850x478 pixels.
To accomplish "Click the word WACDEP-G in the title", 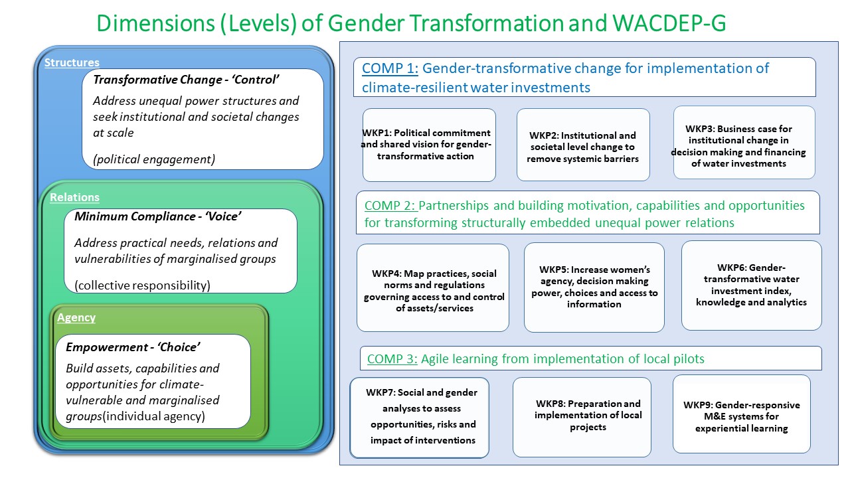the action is (x=669, y=23).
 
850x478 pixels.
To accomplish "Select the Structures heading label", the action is (x=72, y=62).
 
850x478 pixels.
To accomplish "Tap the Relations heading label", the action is (x=74, y=197).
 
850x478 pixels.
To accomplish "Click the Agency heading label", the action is (x=76, y=317).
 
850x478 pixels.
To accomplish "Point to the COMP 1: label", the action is (x=390, y=68).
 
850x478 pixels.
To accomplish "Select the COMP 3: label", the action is (x=392, y=358).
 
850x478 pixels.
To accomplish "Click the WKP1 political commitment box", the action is (x=429, y=145).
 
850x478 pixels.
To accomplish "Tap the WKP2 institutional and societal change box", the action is (x=583, y=145).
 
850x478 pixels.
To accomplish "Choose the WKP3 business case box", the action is (x=744, y=142).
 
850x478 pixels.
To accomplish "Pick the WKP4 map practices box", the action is (x=432, y=287).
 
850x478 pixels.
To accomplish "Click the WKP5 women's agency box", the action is (x=594, y=287).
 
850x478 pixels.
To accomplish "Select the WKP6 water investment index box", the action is (x=751, y=285).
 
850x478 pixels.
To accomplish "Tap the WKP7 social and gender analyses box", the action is (x=419, y=418).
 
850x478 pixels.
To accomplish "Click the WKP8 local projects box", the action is (x=582, y=417).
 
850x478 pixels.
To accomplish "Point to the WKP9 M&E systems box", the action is (x=742, y=414).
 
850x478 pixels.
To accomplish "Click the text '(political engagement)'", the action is (x=154, y=159).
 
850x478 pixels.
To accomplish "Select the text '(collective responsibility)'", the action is (x=142, y=285).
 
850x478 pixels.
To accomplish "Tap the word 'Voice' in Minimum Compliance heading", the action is (x=223, y=216).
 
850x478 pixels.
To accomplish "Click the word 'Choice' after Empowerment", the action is (x=179, y=347).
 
